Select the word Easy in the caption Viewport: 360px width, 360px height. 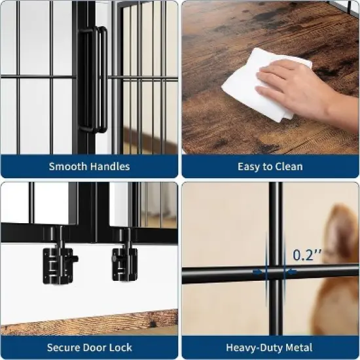[249, 166]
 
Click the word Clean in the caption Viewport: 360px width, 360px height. [288, 166]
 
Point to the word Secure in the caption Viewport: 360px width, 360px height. [65, 348]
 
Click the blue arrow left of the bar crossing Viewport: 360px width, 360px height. [259, 274]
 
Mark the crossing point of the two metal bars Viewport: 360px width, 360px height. [274, 274]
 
